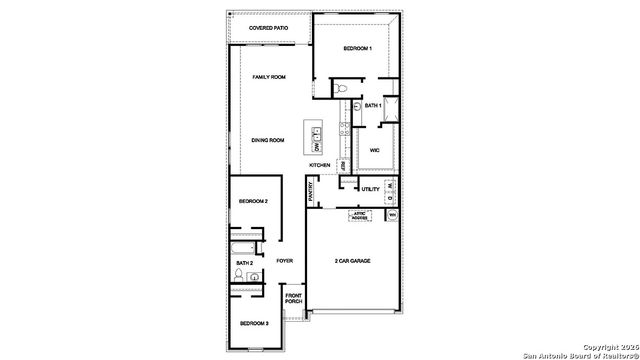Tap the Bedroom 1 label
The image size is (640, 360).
[x=357, y=48]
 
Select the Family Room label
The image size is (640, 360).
[x=269, y=77]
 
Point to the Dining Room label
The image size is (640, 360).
[x=268, y=140]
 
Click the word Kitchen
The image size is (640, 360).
[x=319, y=165]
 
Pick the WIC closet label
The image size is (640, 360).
[x=374, y=150]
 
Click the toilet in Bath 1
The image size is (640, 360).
[x=342, y=90]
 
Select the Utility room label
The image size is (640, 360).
[x=370, y=188]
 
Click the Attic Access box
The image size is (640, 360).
[x=359, y=215]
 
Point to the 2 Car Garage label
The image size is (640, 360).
[x=352, y=261]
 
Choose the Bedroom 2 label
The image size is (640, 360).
[x=253, y=201]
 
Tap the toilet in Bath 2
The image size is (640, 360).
[x=240, y=274]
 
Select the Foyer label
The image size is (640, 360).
[x=285, y=261]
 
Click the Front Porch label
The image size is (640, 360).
[x=294, y=298]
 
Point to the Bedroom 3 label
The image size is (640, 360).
[x=253, y=323]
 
